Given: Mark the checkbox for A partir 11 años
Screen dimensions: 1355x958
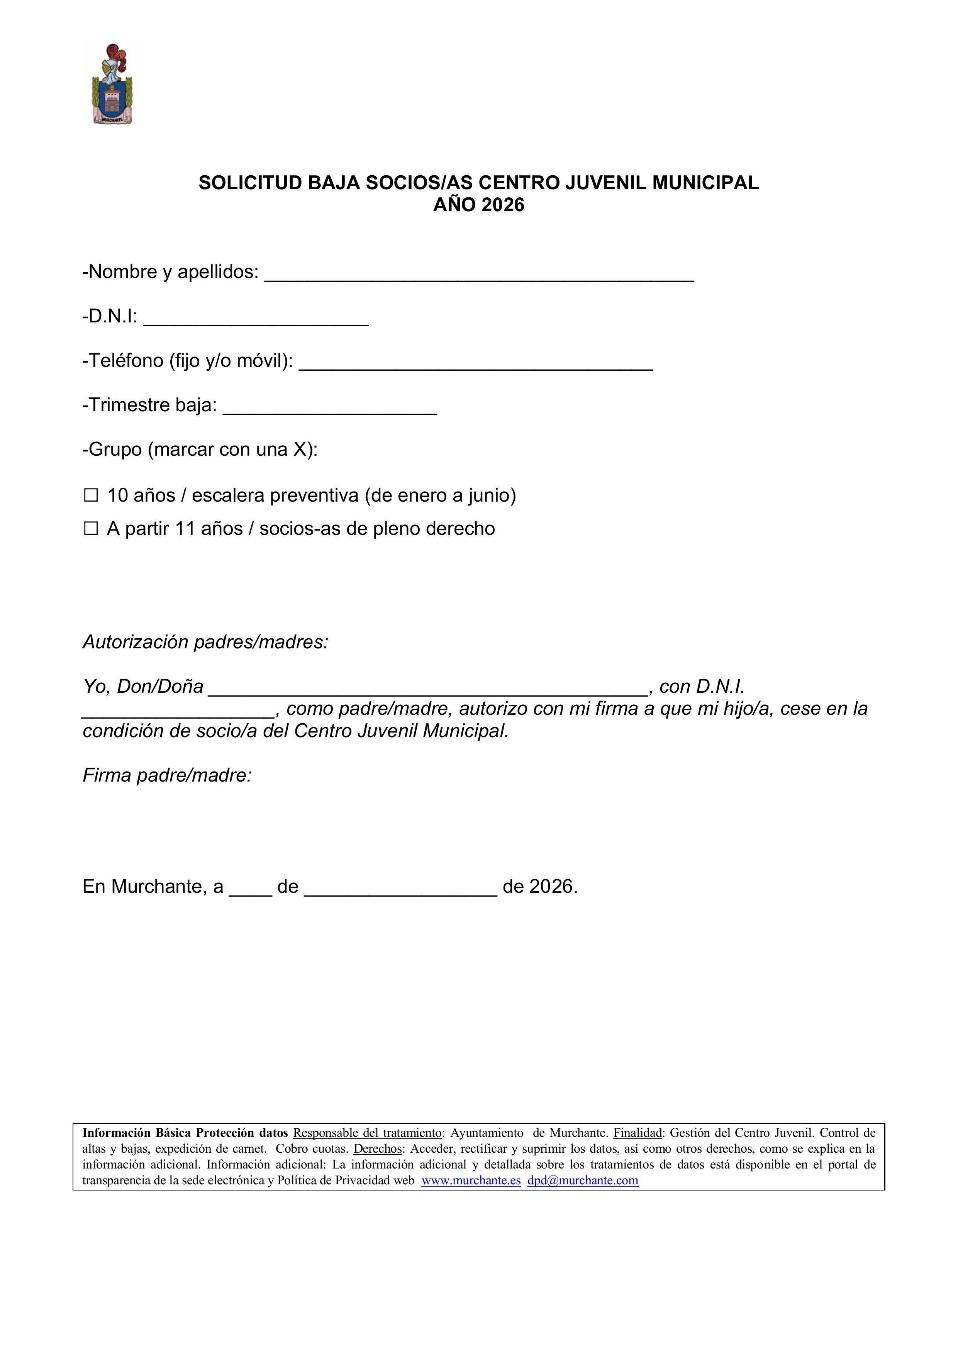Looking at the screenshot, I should [x=91, y=528].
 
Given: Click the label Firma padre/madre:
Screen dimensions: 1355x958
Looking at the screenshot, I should [x=167, y=775].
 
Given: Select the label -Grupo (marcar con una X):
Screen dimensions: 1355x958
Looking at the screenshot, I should [x=200, y=450].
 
